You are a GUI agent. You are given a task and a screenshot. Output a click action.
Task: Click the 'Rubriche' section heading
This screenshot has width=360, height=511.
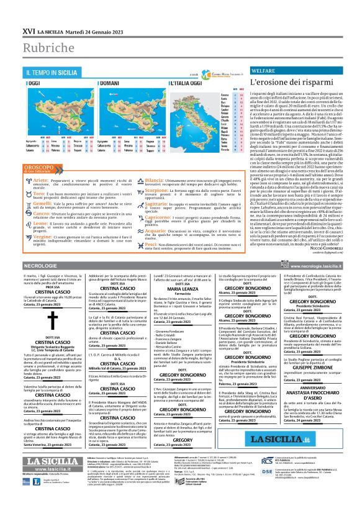(47, 45)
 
